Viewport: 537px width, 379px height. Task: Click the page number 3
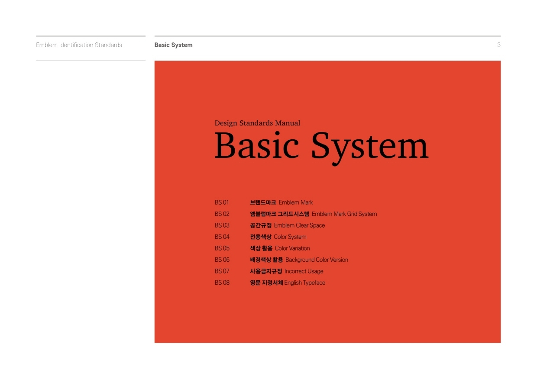[498, 45]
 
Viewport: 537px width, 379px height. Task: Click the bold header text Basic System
[173, 45]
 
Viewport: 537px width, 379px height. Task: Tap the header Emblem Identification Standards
[79, 45]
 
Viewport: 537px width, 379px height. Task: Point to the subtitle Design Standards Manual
[257, 123]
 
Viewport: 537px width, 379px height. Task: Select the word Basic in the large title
[256, 145]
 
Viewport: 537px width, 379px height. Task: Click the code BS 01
[222, 202]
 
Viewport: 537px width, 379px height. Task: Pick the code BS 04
[222, 237]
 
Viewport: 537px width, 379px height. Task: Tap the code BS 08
[222, 283]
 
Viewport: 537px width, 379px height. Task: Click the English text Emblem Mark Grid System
[344, 214]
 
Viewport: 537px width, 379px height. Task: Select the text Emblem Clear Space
[299, 225]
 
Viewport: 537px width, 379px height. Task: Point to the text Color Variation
[292, 248]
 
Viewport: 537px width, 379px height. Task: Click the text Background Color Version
[317, 260]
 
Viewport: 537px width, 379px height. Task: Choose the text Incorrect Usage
[304, 271]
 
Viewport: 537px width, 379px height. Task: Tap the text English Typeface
[305, 283]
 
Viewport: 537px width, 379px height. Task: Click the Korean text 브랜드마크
[263, 202]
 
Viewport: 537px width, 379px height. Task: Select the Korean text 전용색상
[261, 237]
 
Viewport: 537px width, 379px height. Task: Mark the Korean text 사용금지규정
[266, 271]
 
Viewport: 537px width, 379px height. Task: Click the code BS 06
[222, 260]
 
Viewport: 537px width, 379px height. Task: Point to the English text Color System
[290, 237]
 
